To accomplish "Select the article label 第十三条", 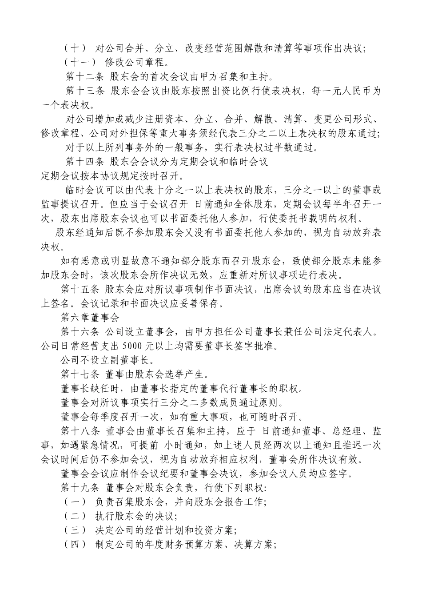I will pyautogui.click(x=84, y=92).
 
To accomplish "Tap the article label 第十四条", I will pyautogui.click(x=84, y=161).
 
